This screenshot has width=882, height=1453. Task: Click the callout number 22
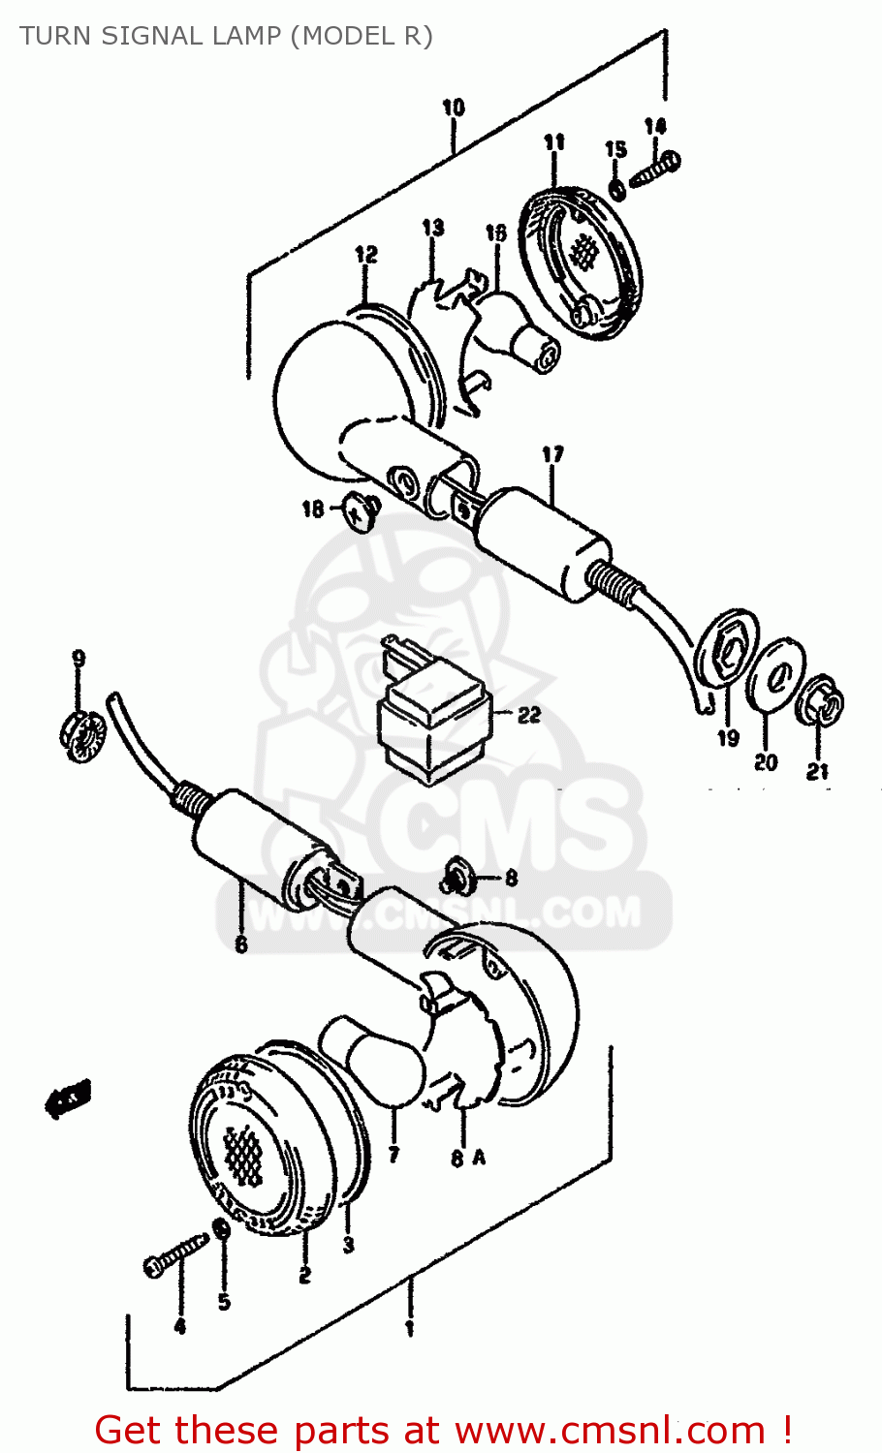pos(528,716)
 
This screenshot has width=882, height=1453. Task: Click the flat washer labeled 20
pos(775,671)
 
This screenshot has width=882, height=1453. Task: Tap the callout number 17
pos(552,454)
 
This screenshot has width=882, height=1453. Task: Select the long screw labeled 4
pos(175,1256)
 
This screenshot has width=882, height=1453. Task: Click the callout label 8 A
pos(466,1158)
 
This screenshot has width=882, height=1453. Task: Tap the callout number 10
pos(453,108)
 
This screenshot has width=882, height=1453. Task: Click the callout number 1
pos(409,1328)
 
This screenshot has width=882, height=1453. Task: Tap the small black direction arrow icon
pos(69,1098)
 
